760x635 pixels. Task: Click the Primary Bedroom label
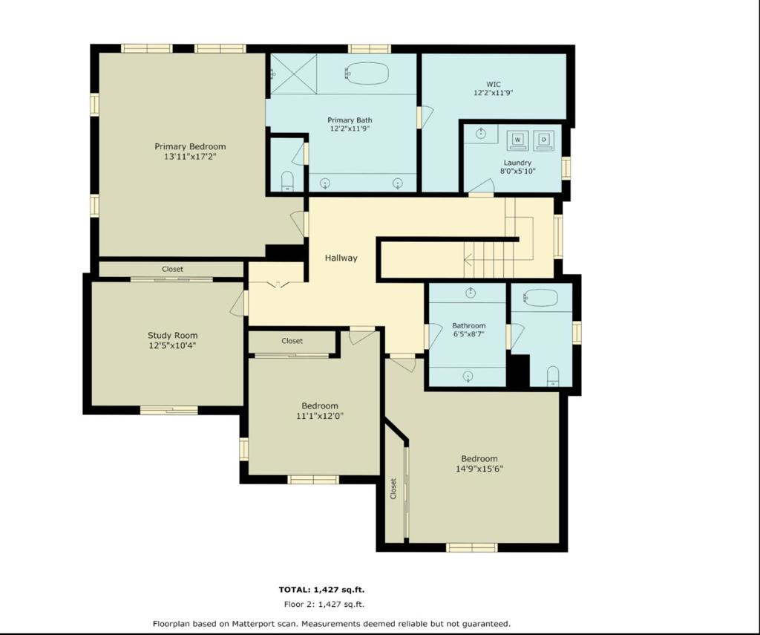[190, 146]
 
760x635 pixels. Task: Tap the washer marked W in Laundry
[517, 140]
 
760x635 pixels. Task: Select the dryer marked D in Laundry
[544, 140]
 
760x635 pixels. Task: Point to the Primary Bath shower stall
[293, 74]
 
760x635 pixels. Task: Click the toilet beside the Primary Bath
[287, 181]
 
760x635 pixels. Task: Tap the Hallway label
[341, 258]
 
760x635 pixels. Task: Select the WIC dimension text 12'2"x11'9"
[494, 93]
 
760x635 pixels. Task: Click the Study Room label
[172, 335]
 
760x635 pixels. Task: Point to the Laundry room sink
[481, 134]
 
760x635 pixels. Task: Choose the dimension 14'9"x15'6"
[479, 469]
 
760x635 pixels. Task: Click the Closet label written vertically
[393, 489]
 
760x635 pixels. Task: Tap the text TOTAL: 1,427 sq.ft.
[321, 590]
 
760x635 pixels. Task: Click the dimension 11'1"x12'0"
[319, 416]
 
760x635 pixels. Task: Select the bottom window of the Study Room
[169, 411]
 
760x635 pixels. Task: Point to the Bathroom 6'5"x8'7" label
[469, 330]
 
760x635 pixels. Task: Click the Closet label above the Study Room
[172, 270]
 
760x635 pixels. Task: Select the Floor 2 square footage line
[324, 605]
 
